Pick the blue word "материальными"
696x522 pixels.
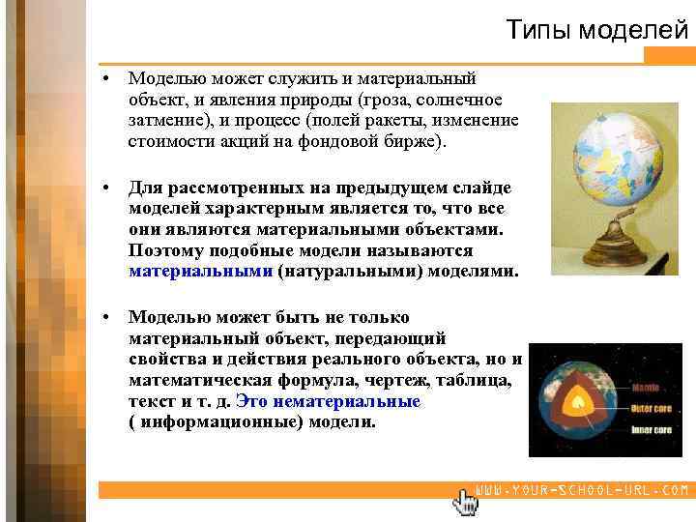pyautogui.click(x=200, y=272)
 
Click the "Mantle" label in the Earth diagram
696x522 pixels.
pyautogui.click(x=647, y=389)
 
